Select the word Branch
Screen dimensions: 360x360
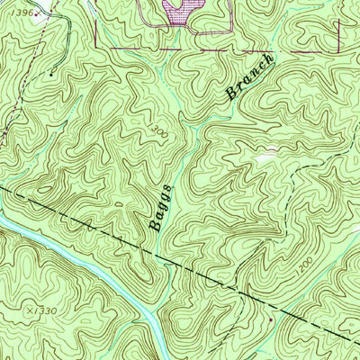click(x=247, y=78)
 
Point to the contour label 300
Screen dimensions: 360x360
click(x=158, y=131)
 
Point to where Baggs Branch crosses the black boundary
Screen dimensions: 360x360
click(x=164, y=261)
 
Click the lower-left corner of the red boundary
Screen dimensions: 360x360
click(x=95, y=46)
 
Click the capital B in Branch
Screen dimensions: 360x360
click(x=231, y=92)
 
